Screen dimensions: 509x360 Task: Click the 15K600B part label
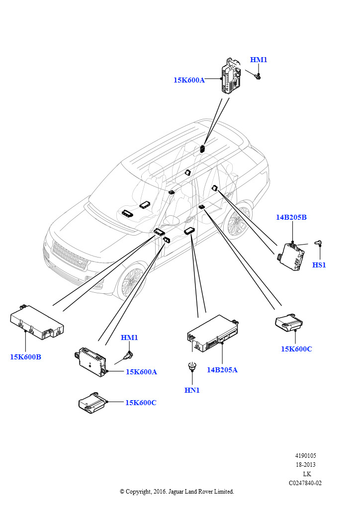point(25,357)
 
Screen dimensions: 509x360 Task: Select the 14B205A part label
point(222,370)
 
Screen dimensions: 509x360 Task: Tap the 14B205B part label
point(291,217)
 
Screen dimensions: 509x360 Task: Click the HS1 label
point(319,265)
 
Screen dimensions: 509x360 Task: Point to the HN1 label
point(192,390)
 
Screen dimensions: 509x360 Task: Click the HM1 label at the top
point(259,60)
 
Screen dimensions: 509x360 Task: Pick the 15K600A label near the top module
point(189,80)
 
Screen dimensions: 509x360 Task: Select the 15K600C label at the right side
point(296,349)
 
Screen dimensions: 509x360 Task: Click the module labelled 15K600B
point(37,323)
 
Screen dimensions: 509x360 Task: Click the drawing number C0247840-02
point(305,483)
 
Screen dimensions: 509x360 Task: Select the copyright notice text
point(177,492)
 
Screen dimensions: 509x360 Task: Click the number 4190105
point(305,456)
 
